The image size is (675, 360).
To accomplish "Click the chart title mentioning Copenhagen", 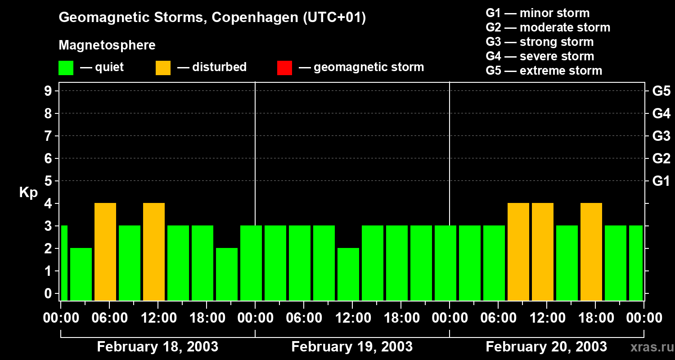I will coord(212,18).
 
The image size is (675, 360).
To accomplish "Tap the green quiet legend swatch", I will coord(66,68).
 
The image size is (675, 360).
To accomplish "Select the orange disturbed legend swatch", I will coord(163,68).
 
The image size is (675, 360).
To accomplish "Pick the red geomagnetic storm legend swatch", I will coord(284,68).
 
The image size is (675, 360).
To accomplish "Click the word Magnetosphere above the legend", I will coord(107,45).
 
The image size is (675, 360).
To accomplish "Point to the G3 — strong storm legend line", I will coord(540,42).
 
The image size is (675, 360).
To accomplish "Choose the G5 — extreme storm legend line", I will coord(544,71).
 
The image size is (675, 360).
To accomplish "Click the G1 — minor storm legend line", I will coord(537,13).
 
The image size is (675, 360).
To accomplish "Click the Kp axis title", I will coord(28,193).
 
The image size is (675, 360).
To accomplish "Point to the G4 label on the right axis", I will coord(661,113).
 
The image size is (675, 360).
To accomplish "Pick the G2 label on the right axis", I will coord(661,158).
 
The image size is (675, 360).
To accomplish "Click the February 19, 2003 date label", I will coord(352,347).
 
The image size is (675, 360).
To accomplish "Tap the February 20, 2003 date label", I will coord(546,347).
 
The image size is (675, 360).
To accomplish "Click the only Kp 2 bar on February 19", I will coord(348,274).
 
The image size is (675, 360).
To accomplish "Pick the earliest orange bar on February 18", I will coord(105,251).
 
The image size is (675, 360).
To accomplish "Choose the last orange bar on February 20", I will coord(591,251).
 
